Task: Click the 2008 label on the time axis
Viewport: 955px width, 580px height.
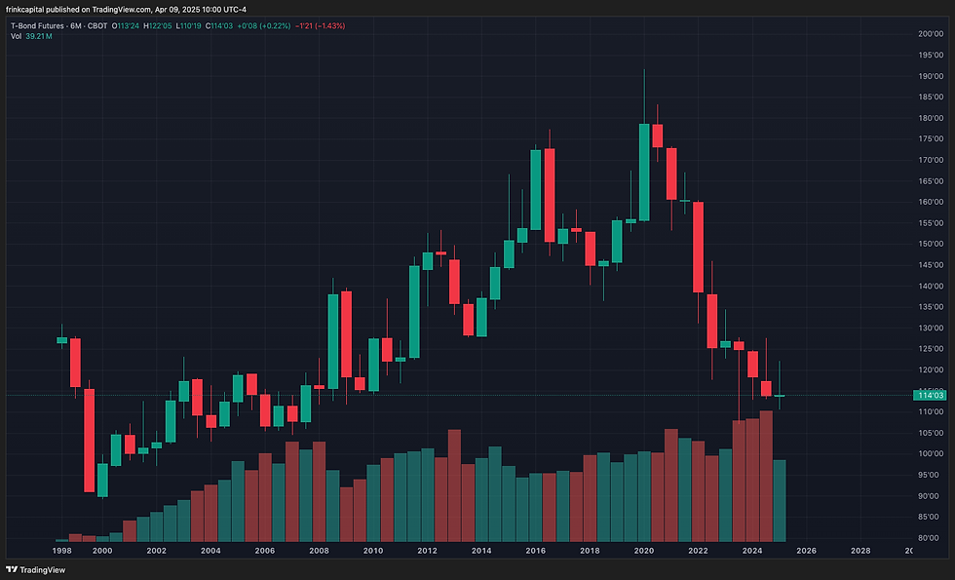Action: click(318, 551)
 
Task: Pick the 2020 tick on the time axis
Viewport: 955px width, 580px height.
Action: click(643, 551)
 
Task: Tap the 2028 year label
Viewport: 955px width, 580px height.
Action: click(859, 551)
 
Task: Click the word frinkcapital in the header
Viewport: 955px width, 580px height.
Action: click(35, 9)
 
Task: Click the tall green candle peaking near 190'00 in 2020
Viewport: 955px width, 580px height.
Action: click(644, 172)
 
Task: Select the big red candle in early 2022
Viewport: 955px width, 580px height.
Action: click(698, 247)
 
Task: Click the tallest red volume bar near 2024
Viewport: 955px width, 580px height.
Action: click(766, 476)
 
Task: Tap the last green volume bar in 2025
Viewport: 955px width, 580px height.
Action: click(780, 500)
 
